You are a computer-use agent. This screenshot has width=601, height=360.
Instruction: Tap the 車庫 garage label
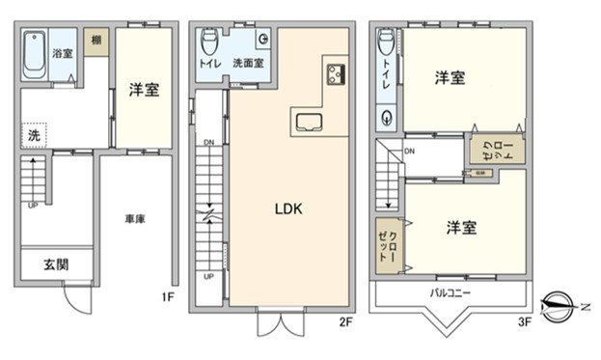coord(135,220)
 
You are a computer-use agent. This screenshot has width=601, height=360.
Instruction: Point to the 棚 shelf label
coord(96,40)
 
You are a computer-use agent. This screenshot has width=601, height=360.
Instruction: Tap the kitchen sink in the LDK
coord(310,123)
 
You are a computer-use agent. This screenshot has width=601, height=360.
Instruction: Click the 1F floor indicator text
coord(167,297)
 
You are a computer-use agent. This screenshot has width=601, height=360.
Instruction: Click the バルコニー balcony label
coord(451,291)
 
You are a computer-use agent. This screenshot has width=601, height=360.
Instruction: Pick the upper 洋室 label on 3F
coord(449,76)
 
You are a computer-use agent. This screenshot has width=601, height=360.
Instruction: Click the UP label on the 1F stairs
coord(33,206)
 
